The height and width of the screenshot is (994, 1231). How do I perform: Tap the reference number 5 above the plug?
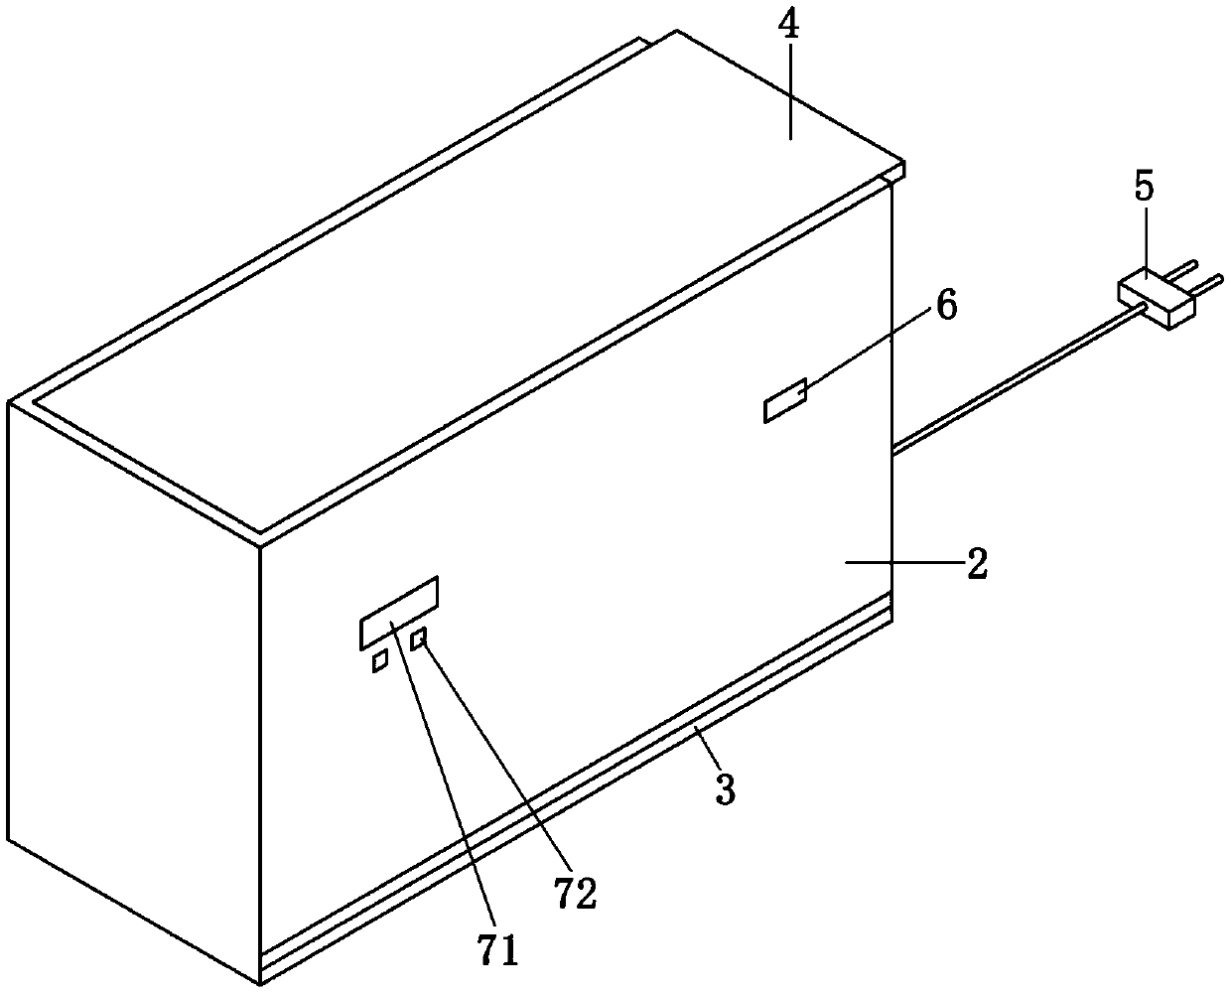click(x=1145, y=188)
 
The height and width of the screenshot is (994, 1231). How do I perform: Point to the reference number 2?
click(x=976, y=566)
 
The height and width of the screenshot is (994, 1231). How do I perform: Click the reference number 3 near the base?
click(x=726, y=790)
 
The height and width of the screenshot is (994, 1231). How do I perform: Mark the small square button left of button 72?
click(x=379, y=661)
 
